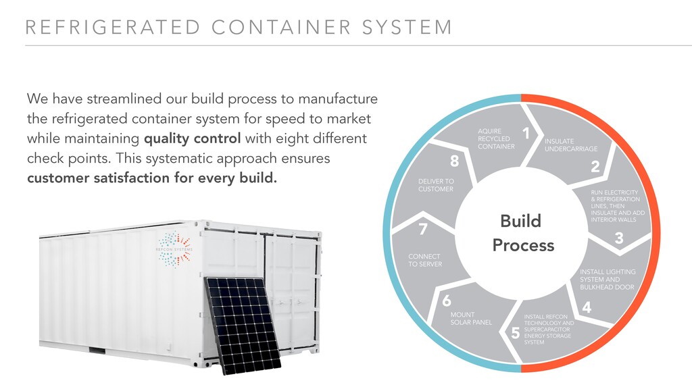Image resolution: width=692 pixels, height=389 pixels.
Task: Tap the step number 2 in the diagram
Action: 595,167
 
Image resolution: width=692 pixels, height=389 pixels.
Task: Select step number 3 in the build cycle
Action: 618,238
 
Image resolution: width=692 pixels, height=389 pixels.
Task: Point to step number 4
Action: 586,307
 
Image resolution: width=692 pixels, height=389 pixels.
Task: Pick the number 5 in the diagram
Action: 515,332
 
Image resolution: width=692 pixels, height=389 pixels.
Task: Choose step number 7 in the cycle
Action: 423,229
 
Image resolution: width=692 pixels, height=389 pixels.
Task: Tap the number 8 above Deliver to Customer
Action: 454,161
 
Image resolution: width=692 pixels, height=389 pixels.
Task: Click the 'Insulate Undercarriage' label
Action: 570,145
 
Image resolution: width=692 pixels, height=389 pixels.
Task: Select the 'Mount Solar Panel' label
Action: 471,319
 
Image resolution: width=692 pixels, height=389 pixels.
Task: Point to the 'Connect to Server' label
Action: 424,260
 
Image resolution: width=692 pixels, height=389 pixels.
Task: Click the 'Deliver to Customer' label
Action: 436,185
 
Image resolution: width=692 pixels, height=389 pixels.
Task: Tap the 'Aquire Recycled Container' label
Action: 496,138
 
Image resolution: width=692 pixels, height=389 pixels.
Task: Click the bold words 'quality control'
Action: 192,139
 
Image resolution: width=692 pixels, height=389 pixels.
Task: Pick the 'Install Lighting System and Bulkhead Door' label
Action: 607,280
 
